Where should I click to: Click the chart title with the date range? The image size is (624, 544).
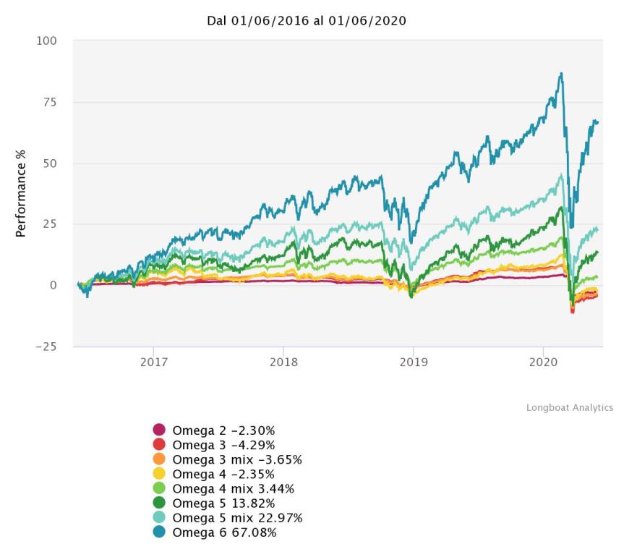pos(307,20)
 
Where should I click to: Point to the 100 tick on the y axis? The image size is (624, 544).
pos(46,41)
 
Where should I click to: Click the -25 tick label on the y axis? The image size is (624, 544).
pos(46,346)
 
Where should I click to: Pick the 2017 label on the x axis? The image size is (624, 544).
pos(153,362)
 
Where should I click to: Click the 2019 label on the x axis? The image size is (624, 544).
pos(412,362)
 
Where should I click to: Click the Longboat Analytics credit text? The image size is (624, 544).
pos(569,408)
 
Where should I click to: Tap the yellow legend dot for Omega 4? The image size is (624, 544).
pos(159,474)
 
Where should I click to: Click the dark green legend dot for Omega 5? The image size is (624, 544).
pos(159,503)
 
